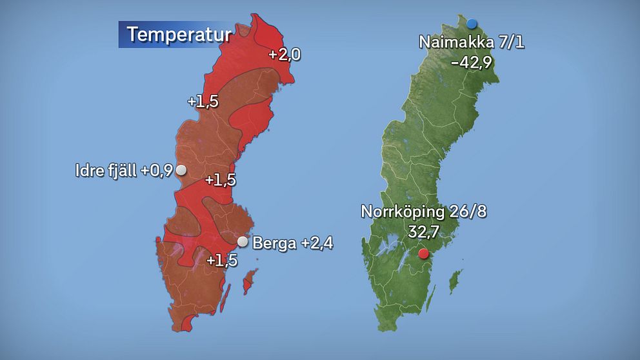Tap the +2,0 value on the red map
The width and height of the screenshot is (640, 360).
click(x=285, y=55)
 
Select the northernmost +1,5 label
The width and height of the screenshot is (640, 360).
click(x=203, y=102)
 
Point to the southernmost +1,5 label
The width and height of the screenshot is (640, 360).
click(x=221, y=261)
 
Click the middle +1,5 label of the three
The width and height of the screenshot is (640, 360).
click(x=220, y=180)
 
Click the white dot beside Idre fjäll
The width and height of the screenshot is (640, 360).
click(x=181, y=170)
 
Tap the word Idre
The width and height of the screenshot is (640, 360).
click(x=90, y=171)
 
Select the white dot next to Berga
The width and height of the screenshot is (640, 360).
click(x=243, y=242)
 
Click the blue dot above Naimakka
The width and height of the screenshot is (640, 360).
click(x=472, y=23)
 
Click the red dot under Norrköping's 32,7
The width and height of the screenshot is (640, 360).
click(x=423, y=254)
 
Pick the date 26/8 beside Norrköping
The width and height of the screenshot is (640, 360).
click(x=465, y=212)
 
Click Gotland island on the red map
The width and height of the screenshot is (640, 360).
click(x=248, y=283)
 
